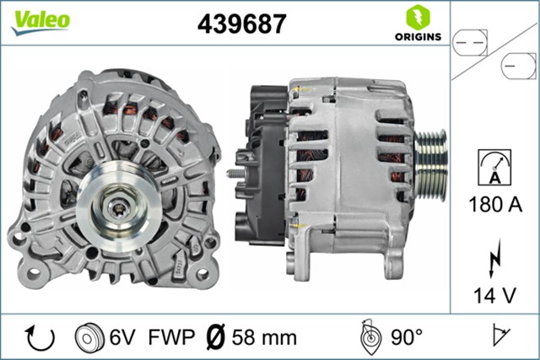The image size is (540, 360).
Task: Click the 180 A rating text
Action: pyautogui.click(x=494, y=205)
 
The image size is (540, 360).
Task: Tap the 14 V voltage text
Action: pyautogui.click(x=494, y=295)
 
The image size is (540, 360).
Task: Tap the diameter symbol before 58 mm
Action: pyautogui.click(x=215, y=338)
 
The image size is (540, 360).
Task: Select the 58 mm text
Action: pyautogui.click(x=265, y=338)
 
